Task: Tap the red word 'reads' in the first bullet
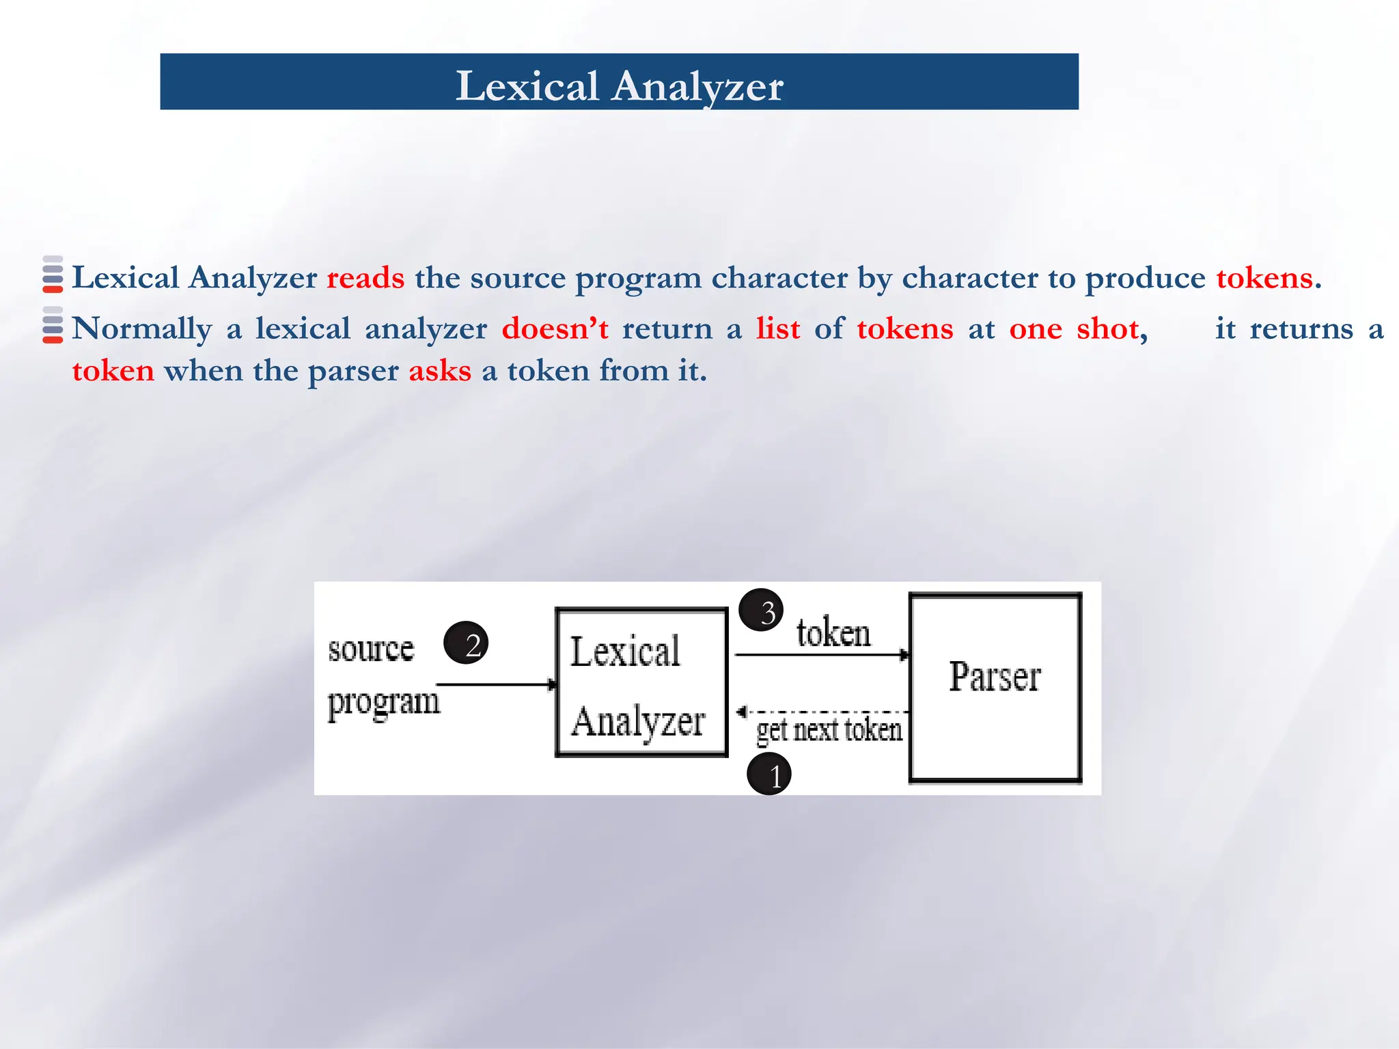tap(365, 278)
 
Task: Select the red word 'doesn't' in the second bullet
tap(555, 329)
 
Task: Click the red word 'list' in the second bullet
tap(777, 329)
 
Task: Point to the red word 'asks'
tap(440, 371)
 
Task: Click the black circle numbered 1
tap(769, 774)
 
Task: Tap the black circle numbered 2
tap(467, 643)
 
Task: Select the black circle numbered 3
tap(761, 610)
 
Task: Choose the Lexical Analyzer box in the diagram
tap(641, 682)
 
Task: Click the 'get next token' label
tap(829, 730)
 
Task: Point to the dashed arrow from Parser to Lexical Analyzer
tap(823, 712)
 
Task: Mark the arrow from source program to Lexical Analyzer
tap(497, 684)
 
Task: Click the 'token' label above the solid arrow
tap(833, 632)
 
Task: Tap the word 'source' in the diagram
tap(371, 649)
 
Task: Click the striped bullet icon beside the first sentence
tap(53, 275)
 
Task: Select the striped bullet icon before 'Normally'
tap(53, 325)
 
